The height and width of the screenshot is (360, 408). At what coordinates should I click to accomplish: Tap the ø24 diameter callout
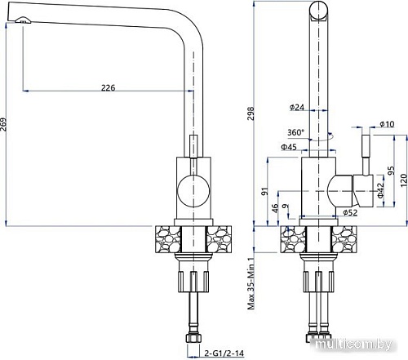pyautogui.click(x=296, y=108)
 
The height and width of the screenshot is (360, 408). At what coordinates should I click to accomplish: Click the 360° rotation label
pyautogui.click(x=296, y=132)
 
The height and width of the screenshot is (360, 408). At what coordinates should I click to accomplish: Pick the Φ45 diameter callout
pyautogui.click(x=288, y=147)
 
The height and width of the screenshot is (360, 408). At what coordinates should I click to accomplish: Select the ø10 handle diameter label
pyautogui.click(x=386, y=123)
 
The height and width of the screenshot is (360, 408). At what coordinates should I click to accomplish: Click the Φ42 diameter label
pyautogui.click(x=381, y=189)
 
